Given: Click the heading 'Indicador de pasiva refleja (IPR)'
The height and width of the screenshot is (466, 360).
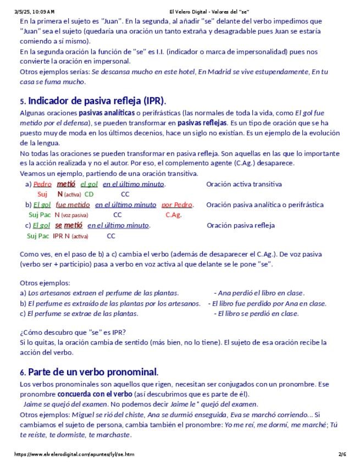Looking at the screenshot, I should click(96, 101).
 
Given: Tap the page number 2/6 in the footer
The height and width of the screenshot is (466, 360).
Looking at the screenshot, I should click(342, 454).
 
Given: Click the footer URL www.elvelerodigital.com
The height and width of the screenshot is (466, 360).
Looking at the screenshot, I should click(74, 454).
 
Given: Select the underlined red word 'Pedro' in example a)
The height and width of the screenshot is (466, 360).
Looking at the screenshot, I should click(42, 184).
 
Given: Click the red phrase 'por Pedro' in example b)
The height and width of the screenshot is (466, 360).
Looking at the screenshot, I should click(177, 204).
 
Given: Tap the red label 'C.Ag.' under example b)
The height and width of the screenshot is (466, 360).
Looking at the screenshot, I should click(173, 215).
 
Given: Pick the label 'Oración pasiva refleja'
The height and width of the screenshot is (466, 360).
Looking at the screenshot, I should click(240, 225).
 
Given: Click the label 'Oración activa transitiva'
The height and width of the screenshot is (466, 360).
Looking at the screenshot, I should click(243, 184).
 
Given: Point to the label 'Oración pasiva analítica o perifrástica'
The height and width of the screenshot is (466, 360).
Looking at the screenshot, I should click(264, 204).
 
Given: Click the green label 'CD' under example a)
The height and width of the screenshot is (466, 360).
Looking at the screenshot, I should click(89, 194).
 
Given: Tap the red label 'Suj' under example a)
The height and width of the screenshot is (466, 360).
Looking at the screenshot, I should click(42, 194).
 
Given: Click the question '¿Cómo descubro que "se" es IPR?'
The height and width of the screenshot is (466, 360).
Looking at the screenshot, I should click(73, 332).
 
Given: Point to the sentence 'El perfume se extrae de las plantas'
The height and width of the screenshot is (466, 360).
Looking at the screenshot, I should click(82, 314).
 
